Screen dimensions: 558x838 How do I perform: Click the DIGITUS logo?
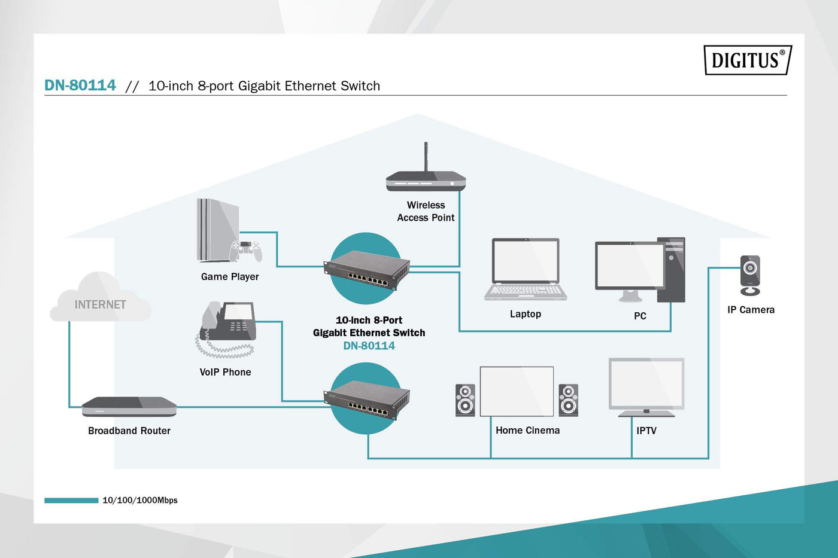tap(747, 60)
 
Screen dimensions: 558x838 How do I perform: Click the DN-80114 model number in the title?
tap(80, 86)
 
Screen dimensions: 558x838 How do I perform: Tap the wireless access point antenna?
tap(426, 157)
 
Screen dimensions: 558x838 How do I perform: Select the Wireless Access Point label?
tap(426, 212)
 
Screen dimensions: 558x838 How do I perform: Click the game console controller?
tap(247, 249)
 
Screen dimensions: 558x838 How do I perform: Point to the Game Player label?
tap(230, 277)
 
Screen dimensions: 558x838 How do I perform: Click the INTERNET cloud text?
tap(100, 304)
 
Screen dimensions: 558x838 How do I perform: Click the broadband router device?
tap(129, 407)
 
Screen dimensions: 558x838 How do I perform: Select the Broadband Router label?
tap(129, 431)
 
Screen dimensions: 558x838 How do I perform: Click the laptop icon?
tap(526, 269)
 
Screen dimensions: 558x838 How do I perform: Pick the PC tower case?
tap(671, 269)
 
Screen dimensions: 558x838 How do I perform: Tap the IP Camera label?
tap(751, 310)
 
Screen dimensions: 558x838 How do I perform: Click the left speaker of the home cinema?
tap(465, 400)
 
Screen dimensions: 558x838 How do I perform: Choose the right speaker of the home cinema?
tap(568, 400)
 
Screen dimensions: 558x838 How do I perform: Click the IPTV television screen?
tap(646, 384)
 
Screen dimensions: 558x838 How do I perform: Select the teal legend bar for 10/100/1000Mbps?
tap(71, 501)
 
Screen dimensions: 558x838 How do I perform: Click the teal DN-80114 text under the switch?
tap(369, 346)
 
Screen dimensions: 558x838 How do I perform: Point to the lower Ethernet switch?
tap(367, 400)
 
